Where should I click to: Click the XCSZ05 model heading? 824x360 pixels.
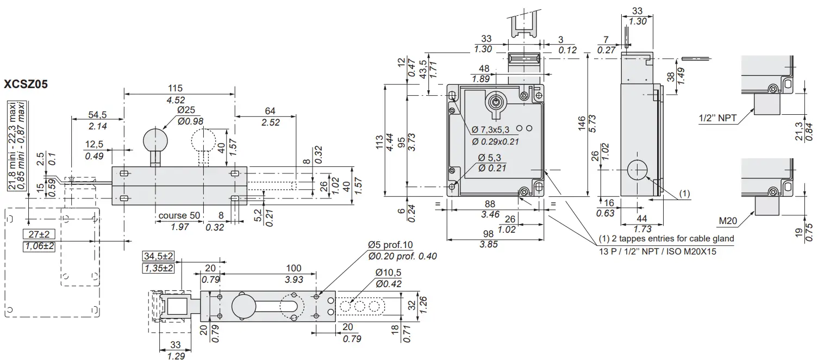click(26, 85)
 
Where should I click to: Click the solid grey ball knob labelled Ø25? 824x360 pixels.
click(155, 141)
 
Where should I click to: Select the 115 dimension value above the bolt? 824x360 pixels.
click(175, 88)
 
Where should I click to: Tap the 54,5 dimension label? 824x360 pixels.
click(97, 115)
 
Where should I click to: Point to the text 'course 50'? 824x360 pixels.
click(179, 216)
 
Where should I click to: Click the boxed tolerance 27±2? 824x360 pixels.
click(39, 234)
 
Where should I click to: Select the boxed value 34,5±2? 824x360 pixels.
click(158, 256)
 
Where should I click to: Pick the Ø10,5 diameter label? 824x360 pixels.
click(388, 272)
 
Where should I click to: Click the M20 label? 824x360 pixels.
click(728, 221)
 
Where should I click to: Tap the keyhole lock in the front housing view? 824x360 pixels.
click(495, 102)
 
